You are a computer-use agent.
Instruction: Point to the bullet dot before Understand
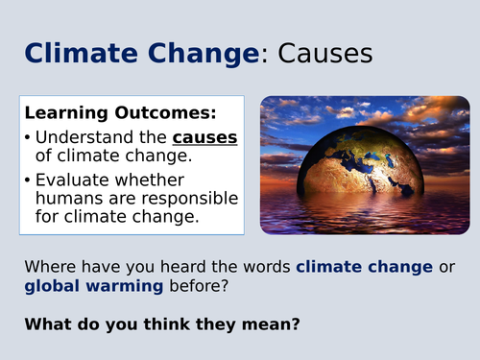[x=31, y=139]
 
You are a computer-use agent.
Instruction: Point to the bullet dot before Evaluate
[x=31, y=180]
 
